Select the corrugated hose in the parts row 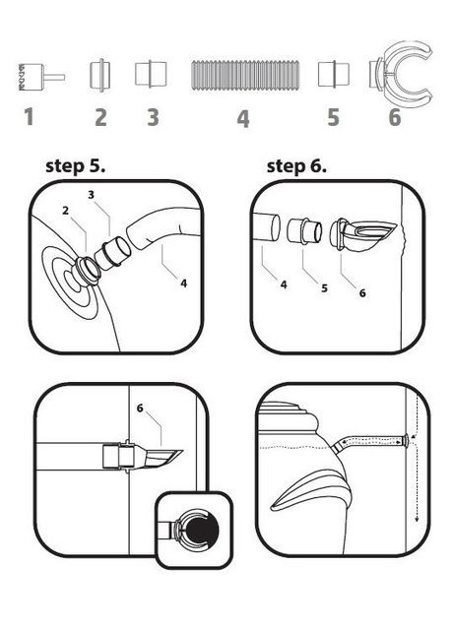coord(245,76)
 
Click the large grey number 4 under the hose coord(243,118)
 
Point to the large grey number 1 coord(29,116)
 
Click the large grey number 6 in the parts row coord(395,117)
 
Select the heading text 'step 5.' coord(76,166)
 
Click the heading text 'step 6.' coord(296,166)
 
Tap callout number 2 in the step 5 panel coord(66,210)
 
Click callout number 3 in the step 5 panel coord(92,195)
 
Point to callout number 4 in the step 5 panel coord(184,283)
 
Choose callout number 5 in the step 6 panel coord(324,288)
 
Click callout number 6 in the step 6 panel coord(362,293)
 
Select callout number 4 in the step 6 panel coord(284,284)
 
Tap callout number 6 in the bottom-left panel coord(140,409)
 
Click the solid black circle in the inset coord(202,531)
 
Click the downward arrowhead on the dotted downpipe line coord(417,518)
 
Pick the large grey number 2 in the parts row coord(100,117)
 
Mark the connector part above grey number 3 coord(151,74)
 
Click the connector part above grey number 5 coord(334,74)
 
